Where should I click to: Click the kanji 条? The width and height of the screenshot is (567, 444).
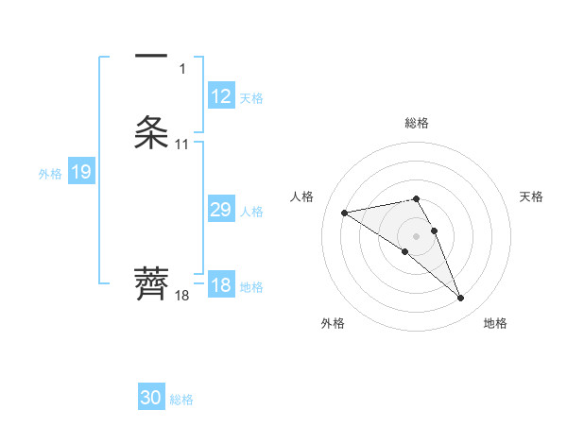pos(151,133)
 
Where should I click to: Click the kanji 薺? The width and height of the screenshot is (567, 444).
pos(151,283)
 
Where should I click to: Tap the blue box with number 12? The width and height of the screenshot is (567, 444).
pos(221,96)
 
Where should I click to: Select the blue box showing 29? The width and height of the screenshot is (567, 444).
pos(221,210)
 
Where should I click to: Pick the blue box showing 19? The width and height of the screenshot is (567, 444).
pos(81,172)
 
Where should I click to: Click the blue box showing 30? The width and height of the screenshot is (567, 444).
pos(151,398)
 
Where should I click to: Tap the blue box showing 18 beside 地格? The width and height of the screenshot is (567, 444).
pos(221,285)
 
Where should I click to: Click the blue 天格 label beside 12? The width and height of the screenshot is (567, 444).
pos(251,97)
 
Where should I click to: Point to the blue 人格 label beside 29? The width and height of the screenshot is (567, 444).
pos(251,211)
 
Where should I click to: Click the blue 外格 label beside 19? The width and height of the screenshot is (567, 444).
pos(49,173)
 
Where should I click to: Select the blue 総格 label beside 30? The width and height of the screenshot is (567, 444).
pos(181,399)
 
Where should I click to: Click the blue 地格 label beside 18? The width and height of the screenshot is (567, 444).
pos(251,286)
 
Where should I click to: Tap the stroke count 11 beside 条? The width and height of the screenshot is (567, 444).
pos(181,145)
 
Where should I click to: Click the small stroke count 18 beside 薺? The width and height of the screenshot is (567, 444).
pos(181,295)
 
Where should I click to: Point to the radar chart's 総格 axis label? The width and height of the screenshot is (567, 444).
pos(417,123)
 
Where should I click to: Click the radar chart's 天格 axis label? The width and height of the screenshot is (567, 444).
pos(531,196)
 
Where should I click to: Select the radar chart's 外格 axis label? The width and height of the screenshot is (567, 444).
pos(333,323)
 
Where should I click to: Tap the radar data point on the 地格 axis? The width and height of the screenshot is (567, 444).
pos(460,299)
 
